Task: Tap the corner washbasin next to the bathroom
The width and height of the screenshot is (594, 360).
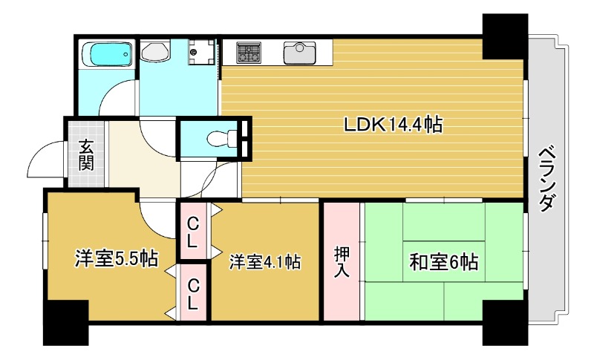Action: tap(155, 52)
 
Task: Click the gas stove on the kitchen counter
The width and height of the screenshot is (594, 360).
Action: tap(249, 53)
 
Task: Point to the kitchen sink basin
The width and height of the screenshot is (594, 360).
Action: tap(299, 53)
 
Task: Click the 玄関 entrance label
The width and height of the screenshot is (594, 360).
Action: tap(87, 154)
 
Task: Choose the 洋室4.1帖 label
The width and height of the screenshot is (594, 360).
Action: tap(264, 262)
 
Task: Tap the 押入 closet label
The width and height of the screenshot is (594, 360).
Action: tap(341, 261)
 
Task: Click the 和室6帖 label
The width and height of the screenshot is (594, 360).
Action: tap(443, 261)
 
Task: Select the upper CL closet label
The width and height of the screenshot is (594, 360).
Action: tap(192, 231)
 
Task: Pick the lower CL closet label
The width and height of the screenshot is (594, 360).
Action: tap(192, 293)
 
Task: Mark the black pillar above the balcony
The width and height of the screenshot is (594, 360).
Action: tap(504, 36)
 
